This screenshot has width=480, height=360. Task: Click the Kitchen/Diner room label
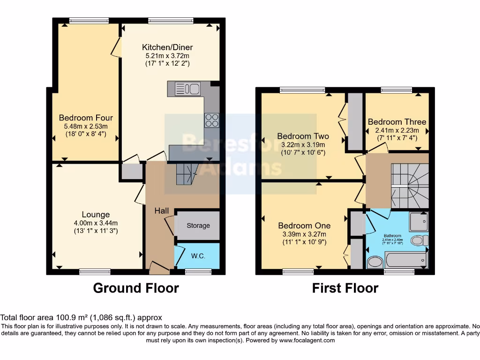(168, 47)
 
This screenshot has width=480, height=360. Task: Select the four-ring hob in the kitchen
(211, 120)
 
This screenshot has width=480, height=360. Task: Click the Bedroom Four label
(86, 118)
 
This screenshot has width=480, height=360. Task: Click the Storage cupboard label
(198, 225)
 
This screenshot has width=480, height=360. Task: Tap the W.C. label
(198, 256)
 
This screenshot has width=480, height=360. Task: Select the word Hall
(162, 211)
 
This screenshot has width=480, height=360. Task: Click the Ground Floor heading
(136, 288)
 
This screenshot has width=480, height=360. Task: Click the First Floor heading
(345, 288)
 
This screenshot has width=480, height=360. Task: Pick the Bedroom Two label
(301, 136)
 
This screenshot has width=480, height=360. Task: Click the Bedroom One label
(304, 225)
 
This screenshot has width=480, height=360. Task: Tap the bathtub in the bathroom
(406, 260)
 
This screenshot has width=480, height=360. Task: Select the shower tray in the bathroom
(418, 222)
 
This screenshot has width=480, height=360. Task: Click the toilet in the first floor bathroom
(419, 240)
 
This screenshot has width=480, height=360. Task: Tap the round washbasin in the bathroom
(375, 262)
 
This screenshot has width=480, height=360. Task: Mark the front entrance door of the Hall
(159, 269)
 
